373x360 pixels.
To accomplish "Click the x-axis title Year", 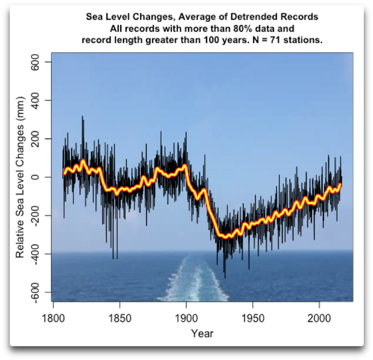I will point(202,334).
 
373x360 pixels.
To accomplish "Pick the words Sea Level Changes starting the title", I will point(122,17).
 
